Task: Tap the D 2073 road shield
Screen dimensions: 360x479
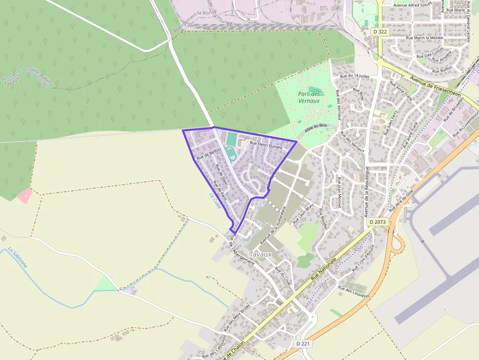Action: (x=377, y=222)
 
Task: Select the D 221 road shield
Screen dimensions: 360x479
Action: (x=303, y=344)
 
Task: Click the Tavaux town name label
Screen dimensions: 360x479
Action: (x=260, y=254)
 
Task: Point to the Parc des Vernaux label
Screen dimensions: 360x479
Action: (x=309, y=97)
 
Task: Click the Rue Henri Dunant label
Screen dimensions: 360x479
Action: (x=266, y=144)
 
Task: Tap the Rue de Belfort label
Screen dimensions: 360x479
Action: (x=209, y=155)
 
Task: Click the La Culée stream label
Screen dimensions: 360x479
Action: (x=215, y=201)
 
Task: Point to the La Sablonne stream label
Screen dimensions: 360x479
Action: (x=18, y=258)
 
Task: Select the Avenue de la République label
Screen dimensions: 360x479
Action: (x=367, y=191)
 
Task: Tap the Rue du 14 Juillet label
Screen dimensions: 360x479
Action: (x=354, y=76)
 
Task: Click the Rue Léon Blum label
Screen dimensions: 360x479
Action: (x=303, y=214)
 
